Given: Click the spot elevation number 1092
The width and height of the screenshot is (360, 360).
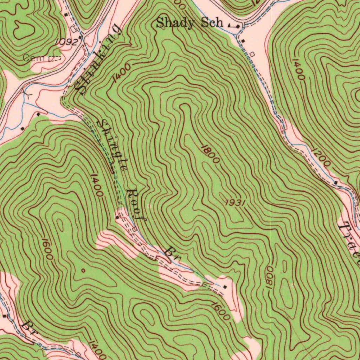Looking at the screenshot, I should [x=66, y=42].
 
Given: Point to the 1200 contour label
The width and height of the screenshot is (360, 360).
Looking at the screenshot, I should [x=321, y=157].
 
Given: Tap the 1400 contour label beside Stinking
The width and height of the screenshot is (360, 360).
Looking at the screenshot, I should [x=122, y=73].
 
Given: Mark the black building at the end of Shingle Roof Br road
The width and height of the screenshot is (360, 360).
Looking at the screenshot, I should [x=225, y=287].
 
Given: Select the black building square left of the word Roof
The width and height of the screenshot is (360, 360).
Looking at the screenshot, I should [x=117, y=217].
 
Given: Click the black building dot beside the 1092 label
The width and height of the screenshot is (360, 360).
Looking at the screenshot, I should [x=80, y=37].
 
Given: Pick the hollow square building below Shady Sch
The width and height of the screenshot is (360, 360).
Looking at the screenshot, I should [x=252, y=54].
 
